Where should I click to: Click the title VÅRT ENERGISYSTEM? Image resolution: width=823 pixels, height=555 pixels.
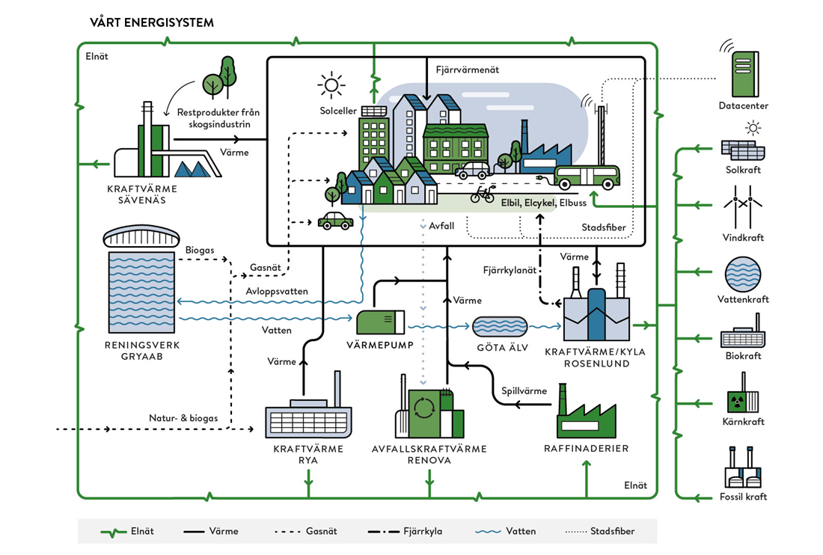(152, 22)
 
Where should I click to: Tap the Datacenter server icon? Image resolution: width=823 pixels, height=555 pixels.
(745, 73)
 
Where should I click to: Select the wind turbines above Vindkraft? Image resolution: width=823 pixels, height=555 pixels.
(743, 207)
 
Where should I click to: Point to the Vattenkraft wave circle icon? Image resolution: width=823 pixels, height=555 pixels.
(743, 275)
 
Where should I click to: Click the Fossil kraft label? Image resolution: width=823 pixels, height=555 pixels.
(743, 496)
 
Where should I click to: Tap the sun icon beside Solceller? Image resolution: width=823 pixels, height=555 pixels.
(331, 85)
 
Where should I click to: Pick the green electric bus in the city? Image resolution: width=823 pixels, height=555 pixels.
(587, 177)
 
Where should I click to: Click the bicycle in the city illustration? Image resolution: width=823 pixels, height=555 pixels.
(483, 194)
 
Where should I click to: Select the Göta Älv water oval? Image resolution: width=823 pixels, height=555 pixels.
(500, 326)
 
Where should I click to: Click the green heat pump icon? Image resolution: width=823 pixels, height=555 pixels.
(381, 322)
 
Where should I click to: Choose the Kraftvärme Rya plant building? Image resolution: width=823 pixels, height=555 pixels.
(308, 412)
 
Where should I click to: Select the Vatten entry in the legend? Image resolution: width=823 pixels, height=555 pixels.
(506, 531)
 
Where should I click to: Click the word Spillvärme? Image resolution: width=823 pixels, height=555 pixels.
(524, 390)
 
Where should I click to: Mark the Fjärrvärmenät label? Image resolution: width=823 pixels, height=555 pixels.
(467, 70)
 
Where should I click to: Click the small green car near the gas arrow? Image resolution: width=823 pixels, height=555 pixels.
(335, 221)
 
